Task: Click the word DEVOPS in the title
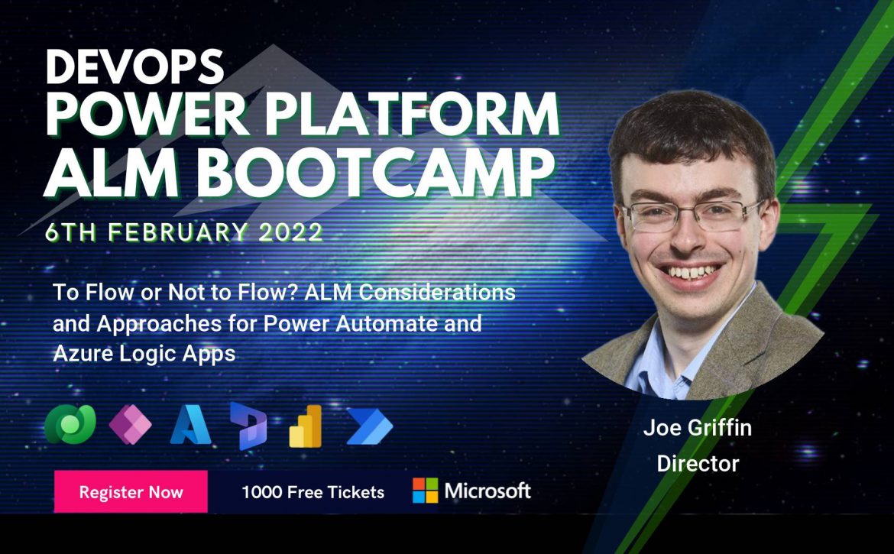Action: point(134,66)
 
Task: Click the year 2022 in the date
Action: point(291,232)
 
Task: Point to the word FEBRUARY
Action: point(178,232)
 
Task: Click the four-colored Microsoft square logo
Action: point(426,491)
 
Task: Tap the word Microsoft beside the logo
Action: point(487,491)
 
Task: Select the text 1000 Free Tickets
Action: point(313,492)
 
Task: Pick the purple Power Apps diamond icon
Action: point(131,424)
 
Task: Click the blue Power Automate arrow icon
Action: point(370,426)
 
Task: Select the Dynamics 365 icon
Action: point(248,426)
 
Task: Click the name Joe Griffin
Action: point(698,427)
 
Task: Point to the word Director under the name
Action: point(698,463)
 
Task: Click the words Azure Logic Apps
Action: point(144,354)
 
